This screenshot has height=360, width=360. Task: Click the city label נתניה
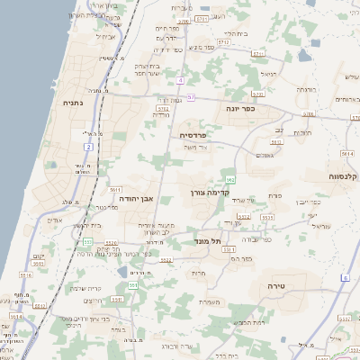[71, 103]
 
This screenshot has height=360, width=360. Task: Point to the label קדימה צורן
[211, 192]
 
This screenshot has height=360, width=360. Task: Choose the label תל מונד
[207, 241]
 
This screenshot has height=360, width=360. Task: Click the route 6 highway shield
[345, 278]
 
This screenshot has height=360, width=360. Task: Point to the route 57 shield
[191, 96]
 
